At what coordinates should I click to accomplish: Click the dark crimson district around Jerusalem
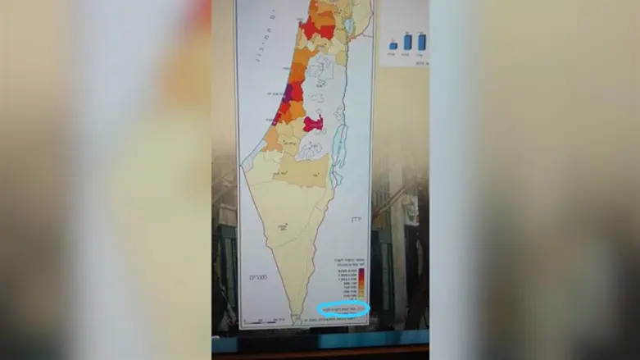coord(312,124)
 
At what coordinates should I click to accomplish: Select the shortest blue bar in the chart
coord(391,43)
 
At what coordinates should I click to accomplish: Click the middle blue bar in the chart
coord(407,41)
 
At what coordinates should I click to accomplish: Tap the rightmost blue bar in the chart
coord(421,41)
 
